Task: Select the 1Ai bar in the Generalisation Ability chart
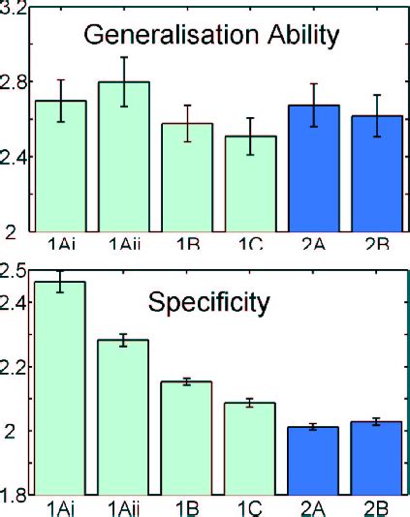[x=61, y=166]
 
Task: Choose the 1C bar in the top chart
[x=250, y=184]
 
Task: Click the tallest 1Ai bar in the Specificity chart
[x=61, y=387]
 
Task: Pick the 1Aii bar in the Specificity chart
[x=124, y=416]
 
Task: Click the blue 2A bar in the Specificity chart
[x=314, y=460]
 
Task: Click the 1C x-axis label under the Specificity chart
[x=250, y=507]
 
